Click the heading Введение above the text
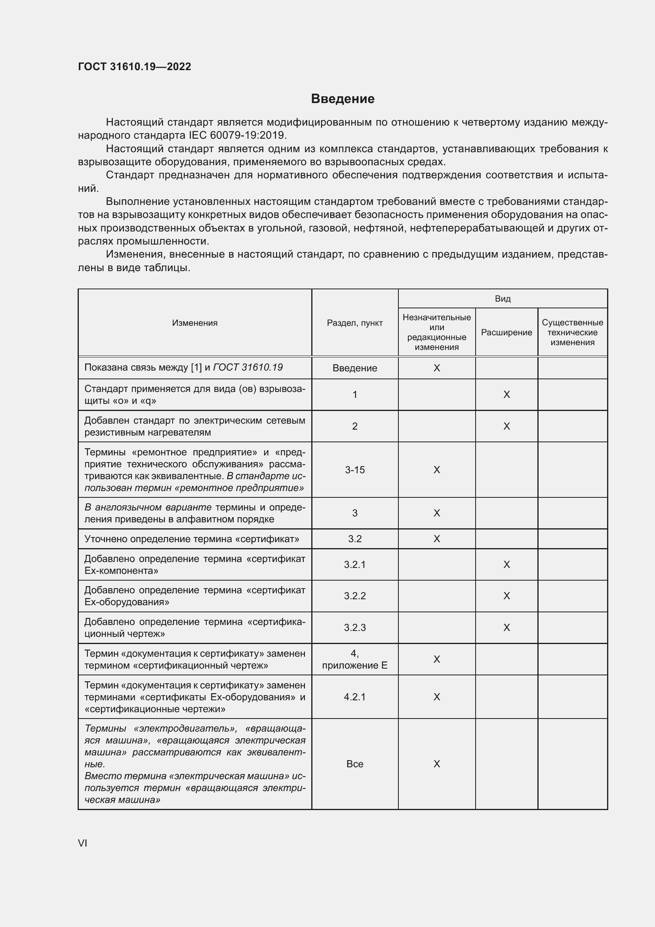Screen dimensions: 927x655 click(343, 99)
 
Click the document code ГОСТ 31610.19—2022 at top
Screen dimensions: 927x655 click(134, 67)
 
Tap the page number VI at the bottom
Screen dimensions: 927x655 click(83, 843)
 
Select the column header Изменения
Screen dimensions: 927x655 click(194, 323)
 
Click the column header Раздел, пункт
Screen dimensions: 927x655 click(354, 323)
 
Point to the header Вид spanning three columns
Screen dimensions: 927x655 click(503, 299)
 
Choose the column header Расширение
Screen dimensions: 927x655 click(506, 332)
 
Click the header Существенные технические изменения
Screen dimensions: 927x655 click(572, 332)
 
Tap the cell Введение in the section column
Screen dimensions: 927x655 click(354, 368)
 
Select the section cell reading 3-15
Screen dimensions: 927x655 click(354, 470)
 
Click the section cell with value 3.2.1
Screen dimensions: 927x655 click(354, 564)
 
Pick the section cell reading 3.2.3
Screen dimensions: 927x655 click(354, 627)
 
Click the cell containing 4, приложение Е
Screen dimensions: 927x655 click(354, 659)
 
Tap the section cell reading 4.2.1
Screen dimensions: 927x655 click(354, 697)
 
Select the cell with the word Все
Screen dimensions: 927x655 click(354, 764)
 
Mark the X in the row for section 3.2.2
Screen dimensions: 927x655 click(506, 596)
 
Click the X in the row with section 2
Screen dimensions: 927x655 click(506, 426)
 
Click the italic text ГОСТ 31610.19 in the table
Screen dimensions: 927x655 click(248, 367)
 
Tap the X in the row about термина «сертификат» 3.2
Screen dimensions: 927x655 click(436, 539)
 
